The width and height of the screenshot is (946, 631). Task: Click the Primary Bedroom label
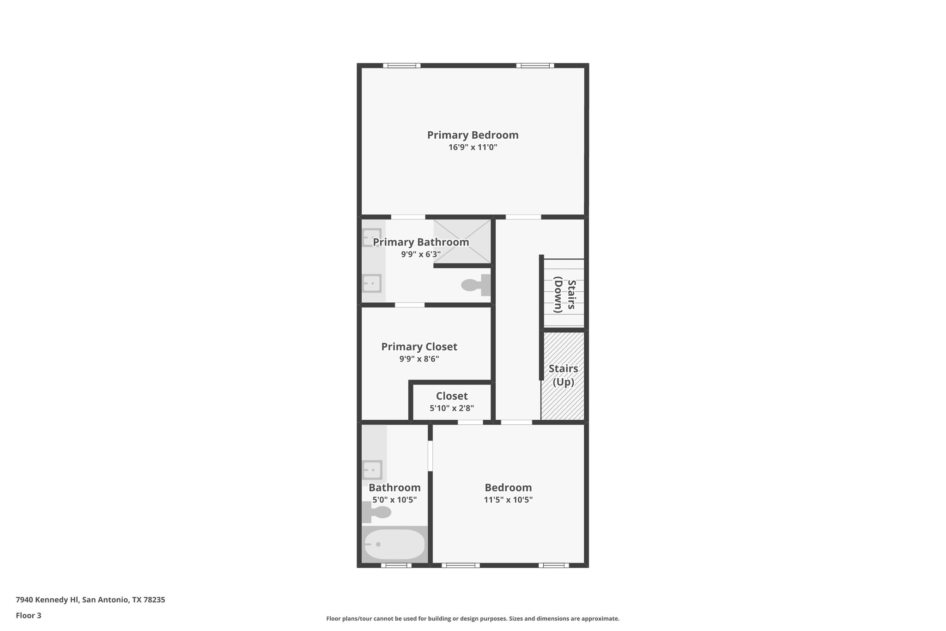point(473,135)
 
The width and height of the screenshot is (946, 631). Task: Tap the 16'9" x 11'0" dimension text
point(473,147)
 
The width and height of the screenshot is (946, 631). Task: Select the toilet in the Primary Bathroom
point(476,285)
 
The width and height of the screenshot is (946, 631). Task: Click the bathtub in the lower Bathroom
point(394,545)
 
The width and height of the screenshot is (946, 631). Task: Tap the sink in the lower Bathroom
point(372,470)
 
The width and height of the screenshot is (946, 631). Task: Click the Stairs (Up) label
point(563,375)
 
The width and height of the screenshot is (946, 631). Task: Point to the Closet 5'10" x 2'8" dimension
point(452,408)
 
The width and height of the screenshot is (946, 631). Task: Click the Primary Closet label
point(419,347)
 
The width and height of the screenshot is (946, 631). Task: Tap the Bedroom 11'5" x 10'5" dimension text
point(508,500)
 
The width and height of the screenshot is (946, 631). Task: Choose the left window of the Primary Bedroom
point(402,66)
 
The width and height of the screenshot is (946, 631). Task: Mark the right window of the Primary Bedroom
point(535,66)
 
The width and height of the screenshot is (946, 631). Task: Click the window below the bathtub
point(396,565)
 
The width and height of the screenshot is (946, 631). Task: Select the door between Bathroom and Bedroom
point(430,456)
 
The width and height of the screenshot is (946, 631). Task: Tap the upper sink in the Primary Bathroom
point(372,238)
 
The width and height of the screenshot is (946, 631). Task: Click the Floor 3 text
point(29,615)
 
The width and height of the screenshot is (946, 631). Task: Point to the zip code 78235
point(154,600)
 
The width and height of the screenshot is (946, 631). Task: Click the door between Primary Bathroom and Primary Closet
point(410,305)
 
